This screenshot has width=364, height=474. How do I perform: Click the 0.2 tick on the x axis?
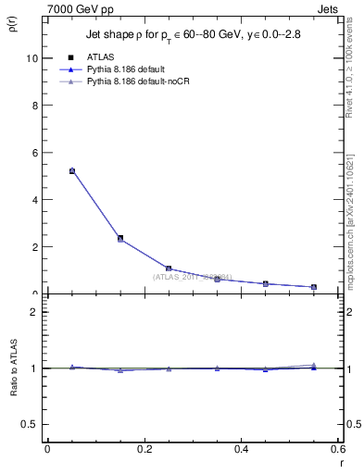(144, 449)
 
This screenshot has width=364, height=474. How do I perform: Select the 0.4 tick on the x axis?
(241, 449)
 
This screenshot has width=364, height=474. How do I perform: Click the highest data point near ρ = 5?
(72, 170)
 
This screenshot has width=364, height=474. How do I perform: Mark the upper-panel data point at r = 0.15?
(120, 238)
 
